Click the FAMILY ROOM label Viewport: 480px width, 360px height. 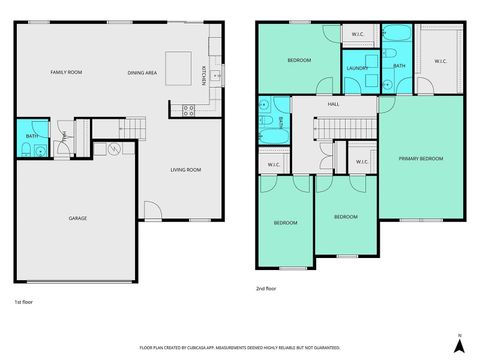tap(66, 72)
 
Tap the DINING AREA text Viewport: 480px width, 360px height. tap(141, 72)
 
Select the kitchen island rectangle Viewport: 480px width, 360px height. tap(178, 65)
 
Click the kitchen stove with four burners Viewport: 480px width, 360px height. tap(188, 110)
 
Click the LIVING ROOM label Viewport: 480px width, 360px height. tap(185, 170)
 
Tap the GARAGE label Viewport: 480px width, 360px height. tap(77, 218)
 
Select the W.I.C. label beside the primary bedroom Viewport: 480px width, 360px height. tap(440, 62)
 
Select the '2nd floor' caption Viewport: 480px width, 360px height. tap(267, 289)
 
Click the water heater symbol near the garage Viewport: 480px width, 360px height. tap(115, 149)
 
